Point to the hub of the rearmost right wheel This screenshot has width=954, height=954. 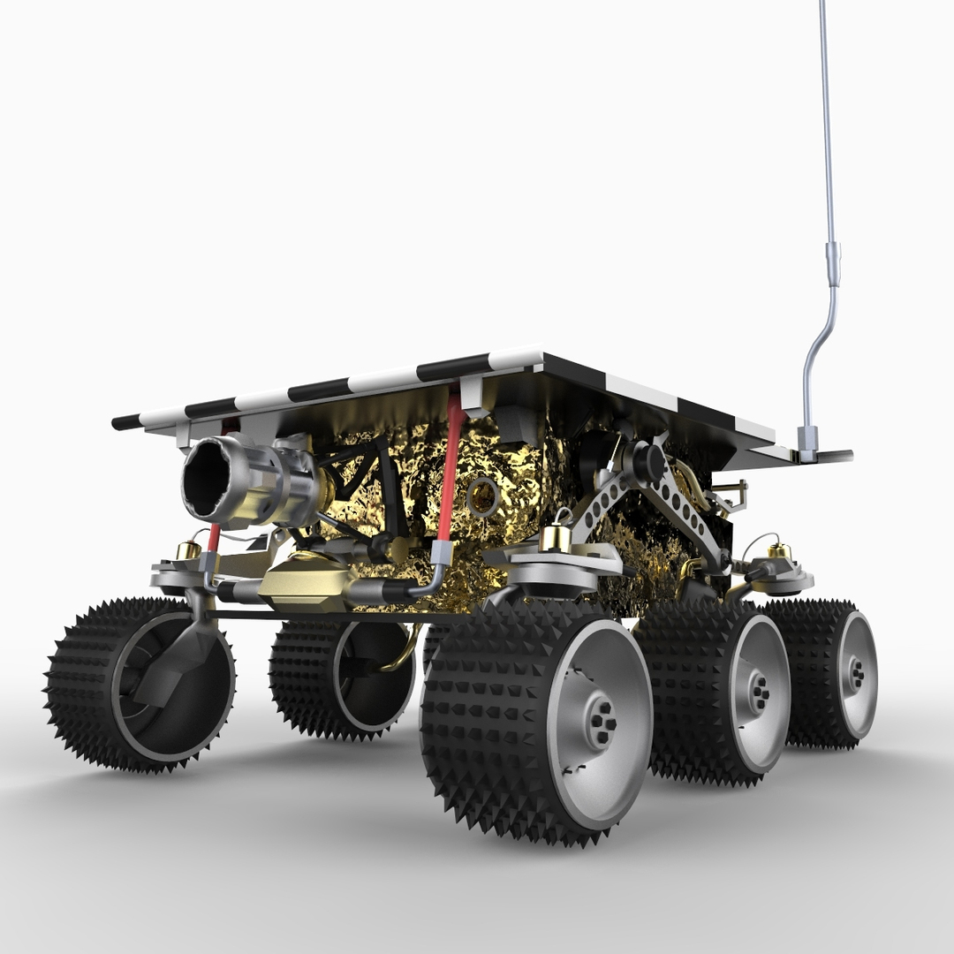pos(856,673)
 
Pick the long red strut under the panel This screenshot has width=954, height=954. pos(450,468)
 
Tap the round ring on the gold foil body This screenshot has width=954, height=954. pos(483,496)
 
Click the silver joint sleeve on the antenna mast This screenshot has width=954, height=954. pos(833,262)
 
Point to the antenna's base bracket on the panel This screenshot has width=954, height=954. pos(807,442)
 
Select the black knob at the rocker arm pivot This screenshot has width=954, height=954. pos(648,462)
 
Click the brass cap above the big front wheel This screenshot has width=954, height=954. pos(554,536)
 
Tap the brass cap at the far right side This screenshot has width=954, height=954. pos(779,552)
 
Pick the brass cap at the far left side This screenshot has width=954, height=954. pos(188,549)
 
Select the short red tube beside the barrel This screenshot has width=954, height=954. pos(213,536)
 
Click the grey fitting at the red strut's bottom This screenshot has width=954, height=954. pos(441,554)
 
